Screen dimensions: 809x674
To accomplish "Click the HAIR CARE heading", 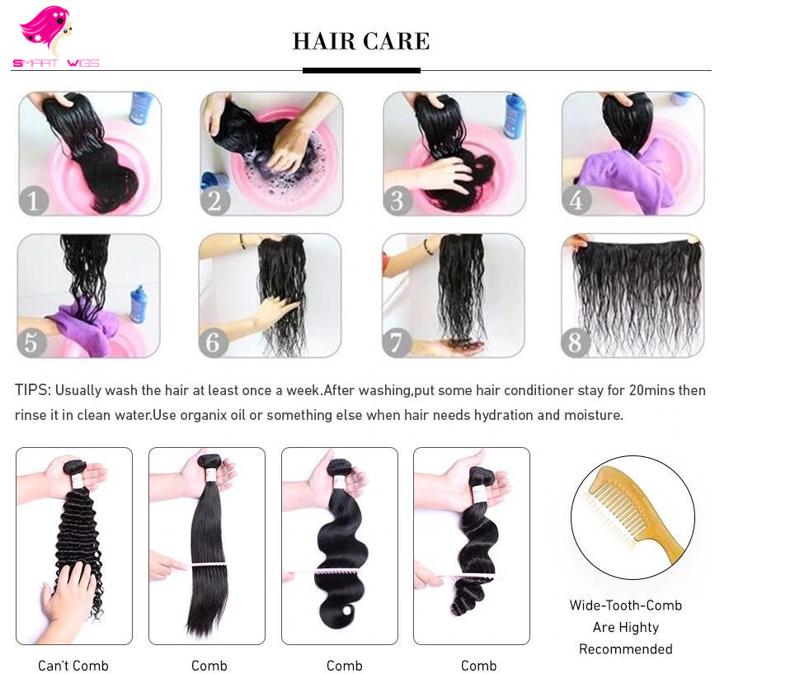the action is [x=361, y=41].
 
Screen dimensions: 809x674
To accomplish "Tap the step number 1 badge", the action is [x=34, y=200].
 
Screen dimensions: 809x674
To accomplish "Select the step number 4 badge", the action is [x=576, y=200].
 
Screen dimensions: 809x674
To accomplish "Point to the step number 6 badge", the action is [x=214, y=342].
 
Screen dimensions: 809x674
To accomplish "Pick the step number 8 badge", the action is [x=576, y=342].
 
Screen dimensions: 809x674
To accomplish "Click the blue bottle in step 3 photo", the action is [x=514, y=116].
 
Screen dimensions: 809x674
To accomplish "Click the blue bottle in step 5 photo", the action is [x=138, y=304].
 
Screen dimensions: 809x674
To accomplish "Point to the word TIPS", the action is [x=33, y=390].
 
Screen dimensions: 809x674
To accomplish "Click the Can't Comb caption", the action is [x=73, y=666].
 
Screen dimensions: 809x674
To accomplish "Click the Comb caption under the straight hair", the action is [x=209, y=666].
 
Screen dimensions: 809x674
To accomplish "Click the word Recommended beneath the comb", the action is [x=625, y=649].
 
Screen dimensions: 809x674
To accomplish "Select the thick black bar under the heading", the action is [x=361, y=71].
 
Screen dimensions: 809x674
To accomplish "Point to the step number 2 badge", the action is [x=215, y=200].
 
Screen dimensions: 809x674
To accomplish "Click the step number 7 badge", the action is [x=397, y=342].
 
